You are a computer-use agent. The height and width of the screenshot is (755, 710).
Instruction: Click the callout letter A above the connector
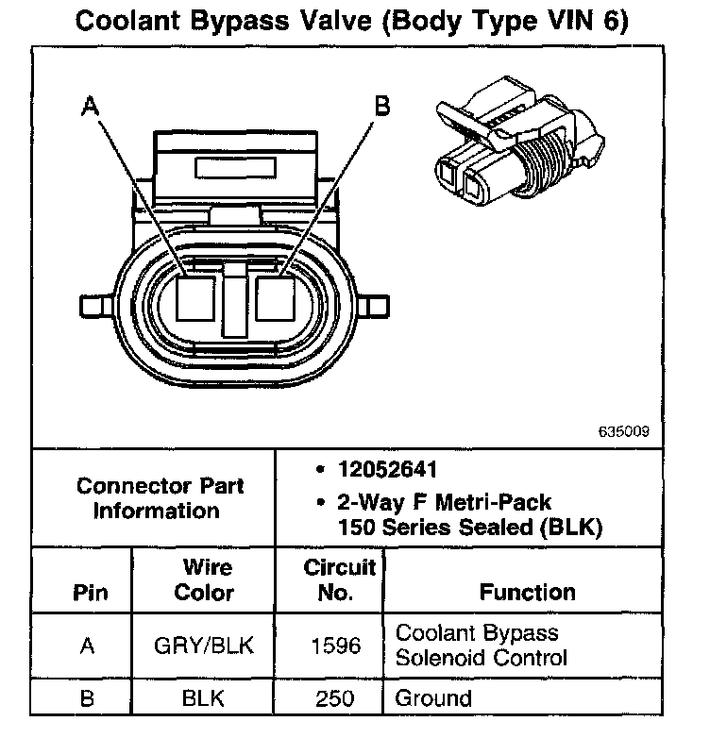(91, 106)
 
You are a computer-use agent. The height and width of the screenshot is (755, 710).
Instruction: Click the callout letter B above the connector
(382, 106)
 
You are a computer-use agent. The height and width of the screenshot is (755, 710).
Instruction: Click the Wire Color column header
(207, 580)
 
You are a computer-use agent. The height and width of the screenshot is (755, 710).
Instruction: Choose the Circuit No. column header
(340, 580)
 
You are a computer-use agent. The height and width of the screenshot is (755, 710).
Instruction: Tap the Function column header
(527, 593)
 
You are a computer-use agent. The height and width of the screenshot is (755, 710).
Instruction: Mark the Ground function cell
(433, 698)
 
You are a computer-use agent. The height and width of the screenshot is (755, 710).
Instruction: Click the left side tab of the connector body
(95, 307)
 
